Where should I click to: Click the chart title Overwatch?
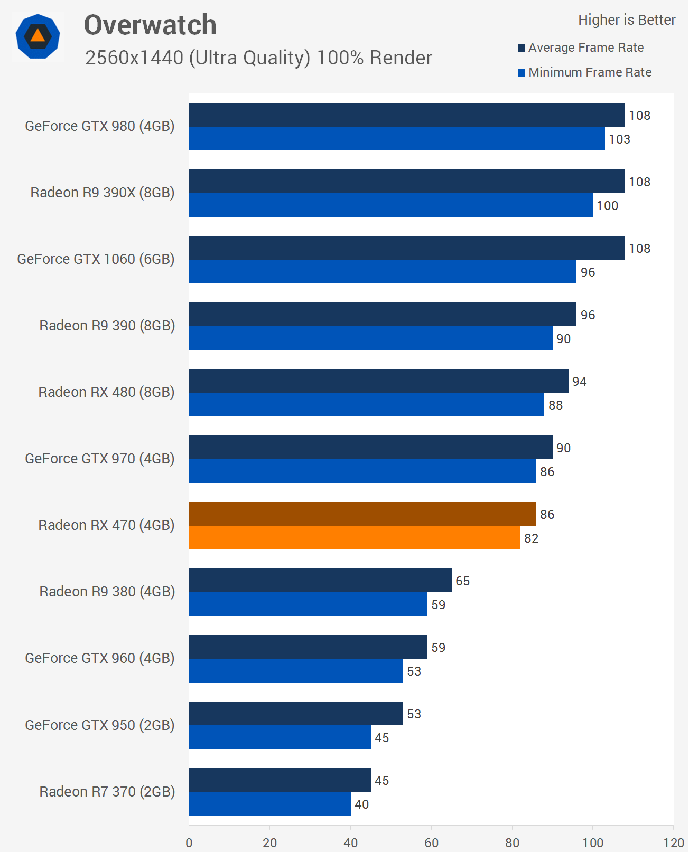coord(150,25)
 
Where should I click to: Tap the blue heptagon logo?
coord(38,36)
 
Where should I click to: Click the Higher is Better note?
coord(627,20)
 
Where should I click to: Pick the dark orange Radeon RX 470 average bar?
coord(362,514)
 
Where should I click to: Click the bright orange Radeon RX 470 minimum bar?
coord(354,538)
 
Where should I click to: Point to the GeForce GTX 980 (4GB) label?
coord(100,126)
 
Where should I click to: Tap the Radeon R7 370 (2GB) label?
coord(107,792)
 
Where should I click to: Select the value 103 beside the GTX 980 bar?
coord(619,139)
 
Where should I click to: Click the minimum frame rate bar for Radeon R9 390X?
coord(390,205)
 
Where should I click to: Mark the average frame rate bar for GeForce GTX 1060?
coord(407,248)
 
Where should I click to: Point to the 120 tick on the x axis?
coord(674,842)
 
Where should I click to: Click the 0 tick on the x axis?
coord(189,842)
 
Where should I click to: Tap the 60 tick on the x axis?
coord(431,842)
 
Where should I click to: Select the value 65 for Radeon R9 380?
coord(462,581)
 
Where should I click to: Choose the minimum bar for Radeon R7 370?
coord(269,804)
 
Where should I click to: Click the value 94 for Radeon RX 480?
coord(579,382)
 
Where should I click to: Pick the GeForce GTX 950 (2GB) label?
coord(100,725)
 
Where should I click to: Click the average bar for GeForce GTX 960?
coord(308,647)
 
